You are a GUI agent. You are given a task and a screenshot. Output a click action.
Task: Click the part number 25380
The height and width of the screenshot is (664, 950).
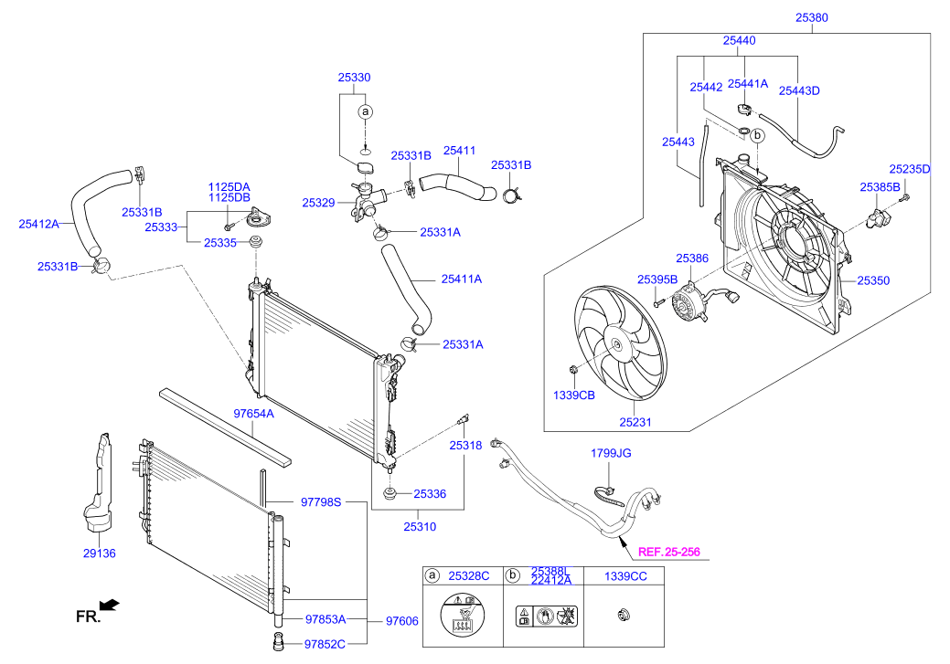811,16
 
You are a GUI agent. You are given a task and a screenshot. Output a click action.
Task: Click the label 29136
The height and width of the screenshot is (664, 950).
99,553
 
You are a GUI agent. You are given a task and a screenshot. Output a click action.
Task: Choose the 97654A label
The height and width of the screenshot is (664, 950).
253,414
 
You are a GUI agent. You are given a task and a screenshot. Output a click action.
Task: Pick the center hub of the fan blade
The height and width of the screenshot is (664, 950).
617,346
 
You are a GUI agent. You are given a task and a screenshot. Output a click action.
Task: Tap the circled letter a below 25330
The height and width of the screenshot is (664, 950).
365,111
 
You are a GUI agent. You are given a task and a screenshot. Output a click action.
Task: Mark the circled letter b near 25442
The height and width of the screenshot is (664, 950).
758,134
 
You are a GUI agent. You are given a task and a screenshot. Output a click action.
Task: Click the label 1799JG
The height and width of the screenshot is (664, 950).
611,452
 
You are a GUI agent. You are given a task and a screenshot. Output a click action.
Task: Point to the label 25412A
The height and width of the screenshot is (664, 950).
38,223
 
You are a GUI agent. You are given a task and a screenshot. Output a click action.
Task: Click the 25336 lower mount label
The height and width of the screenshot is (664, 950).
429,493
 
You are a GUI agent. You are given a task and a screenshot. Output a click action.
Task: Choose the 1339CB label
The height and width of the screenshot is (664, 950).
574,395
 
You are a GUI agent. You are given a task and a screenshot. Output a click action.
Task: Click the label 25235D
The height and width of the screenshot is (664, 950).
909,169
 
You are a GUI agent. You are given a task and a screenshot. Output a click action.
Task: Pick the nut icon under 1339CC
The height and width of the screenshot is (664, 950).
624,617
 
